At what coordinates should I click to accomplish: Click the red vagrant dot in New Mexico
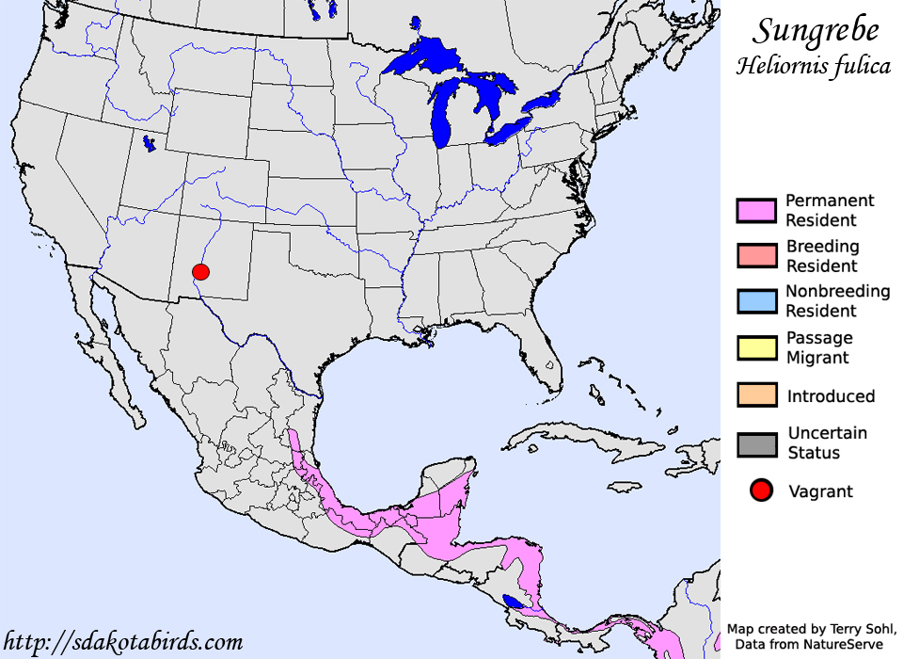pyautogui.click(x=199, y=273)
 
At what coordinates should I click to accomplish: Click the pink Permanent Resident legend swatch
pyautogui.click(x=757, y=211)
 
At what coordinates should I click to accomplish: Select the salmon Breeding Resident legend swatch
pyautogui.click(x=757, y=256)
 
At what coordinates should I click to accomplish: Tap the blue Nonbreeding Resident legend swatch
pyautogui.click(x=757, y=301)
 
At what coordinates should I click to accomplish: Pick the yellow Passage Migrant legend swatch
pyautogui.click(x=757, y=347)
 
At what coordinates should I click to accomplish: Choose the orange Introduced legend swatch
pyautogui.click(x=757, y=395)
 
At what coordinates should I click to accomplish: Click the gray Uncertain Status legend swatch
pyautogui.click(x=757, y=443)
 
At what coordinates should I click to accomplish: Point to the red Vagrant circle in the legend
pyautogui.click(x=761, y=490)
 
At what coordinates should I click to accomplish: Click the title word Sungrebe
pyautogui.click(x=816, y=31)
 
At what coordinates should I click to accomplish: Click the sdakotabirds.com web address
pyautogui.click(x=122, y=642)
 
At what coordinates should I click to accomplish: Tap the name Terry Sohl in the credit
pyautogui.click(x=860, y=628)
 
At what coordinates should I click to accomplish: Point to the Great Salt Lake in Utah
pyautogui.click(x=149, y=144)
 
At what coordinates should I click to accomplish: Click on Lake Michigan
pyautogui.click(x=441, y=118)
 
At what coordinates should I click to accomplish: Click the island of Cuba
pyautogui.click(x=564, y=439)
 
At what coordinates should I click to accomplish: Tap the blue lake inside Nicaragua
pyautogui.click(x=514, y=602)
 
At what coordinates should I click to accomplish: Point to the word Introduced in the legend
pyautogui.click(x=831, y=396)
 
